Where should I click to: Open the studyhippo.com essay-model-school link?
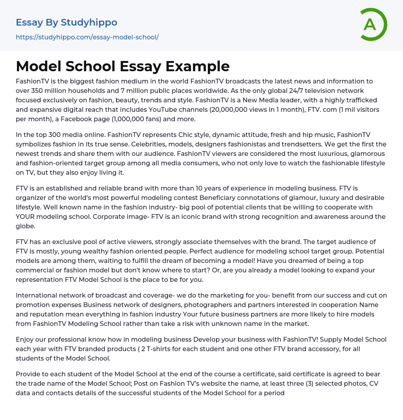[x=87, y=37]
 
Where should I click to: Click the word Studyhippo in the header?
[x=89, y=22]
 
